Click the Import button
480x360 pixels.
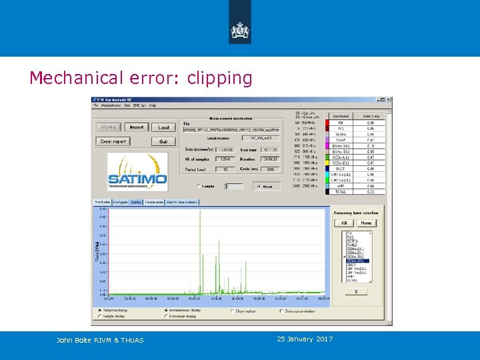coord(137,127)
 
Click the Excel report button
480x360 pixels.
coord(114,141)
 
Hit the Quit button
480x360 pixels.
coord(163,141)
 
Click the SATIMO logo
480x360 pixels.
coord(137,172)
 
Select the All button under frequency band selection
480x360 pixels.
coord(343,223)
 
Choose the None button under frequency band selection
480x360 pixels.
coord(366,223)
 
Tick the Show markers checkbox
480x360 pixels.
coord(233,311)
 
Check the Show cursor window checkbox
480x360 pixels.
coord(281,311)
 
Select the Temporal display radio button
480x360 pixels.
coord(100,311)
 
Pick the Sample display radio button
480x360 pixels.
coord(100,316)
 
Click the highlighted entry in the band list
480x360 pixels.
coord(356,261)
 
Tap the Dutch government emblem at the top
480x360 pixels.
coord(240,30)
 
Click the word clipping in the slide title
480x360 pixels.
coord(220,79)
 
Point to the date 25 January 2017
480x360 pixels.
coord(304,339)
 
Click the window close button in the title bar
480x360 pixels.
coord(388,100)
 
